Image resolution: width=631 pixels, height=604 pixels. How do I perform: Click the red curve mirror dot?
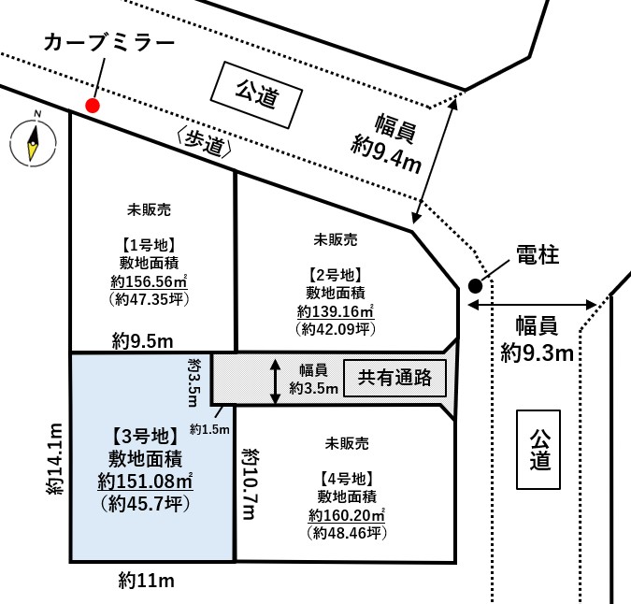click(93, 106)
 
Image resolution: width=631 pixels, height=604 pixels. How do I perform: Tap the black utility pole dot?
click(475, 286)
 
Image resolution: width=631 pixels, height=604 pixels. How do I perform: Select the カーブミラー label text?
click(109, 43)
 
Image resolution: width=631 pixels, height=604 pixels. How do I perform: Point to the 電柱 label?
click(538, 254)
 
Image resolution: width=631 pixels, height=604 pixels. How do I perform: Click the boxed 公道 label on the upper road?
click(256, 95)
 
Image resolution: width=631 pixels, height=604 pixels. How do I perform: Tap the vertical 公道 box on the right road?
click(538, 450)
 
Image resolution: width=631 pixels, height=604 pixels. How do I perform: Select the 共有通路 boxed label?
click(394, 378)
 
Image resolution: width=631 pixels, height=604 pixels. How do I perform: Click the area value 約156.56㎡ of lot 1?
click(149, 281)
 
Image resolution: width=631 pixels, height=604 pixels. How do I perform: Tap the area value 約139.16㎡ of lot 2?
click(336, 311)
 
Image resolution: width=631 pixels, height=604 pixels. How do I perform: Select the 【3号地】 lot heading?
click(145, 437)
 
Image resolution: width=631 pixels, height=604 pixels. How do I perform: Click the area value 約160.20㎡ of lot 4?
click(347, 515)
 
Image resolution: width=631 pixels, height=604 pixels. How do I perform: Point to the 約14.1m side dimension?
click(55, 459)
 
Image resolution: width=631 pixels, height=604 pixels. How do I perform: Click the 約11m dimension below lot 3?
click(147, 581)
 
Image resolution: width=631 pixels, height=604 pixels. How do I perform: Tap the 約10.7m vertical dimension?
click(251, 484)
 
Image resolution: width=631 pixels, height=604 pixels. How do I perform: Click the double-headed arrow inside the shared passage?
click(275, 381)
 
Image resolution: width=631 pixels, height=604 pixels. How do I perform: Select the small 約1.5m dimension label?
click(209, 429)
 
